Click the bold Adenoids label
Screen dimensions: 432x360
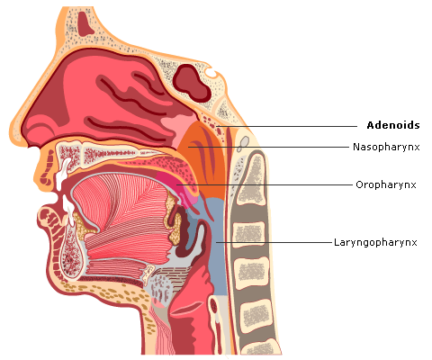point(393,125)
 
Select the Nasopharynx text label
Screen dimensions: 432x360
point(386,147)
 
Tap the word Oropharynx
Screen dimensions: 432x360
point(386,184)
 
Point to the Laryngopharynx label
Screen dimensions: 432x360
point(375,242)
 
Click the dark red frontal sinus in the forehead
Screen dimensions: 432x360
point(85,23)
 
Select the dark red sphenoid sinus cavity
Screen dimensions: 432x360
point(192,83)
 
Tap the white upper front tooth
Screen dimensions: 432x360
point(62,174)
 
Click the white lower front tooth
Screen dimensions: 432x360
point(68,210)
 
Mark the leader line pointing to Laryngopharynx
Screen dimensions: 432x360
point(274,242)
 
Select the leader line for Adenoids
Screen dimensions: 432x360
point(287,126)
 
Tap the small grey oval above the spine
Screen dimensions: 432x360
point(245,140)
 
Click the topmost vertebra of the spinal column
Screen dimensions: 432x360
point(251,177)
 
